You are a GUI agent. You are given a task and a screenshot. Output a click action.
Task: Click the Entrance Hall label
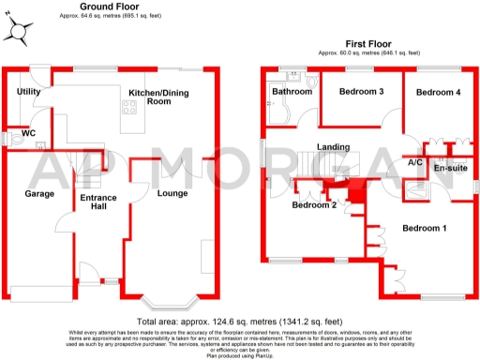coord(97,202)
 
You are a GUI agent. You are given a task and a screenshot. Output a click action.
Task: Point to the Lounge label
coord(172,194)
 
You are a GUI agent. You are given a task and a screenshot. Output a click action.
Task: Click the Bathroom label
coord(292,92)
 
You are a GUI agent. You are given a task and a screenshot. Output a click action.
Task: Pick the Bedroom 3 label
coord(362,91)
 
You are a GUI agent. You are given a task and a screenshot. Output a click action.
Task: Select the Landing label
coord(334,146)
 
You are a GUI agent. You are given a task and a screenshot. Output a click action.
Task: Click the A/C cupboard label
coord(414,162)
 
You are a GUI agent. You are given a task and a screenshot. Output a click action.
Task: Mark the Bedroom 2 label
coord(314,204)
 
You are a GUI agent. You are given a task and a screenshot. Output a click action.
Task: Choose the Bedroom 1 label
coord(425,229)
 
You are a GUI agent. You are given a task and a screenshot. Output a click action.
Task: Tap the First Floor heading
coord(369,43)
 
